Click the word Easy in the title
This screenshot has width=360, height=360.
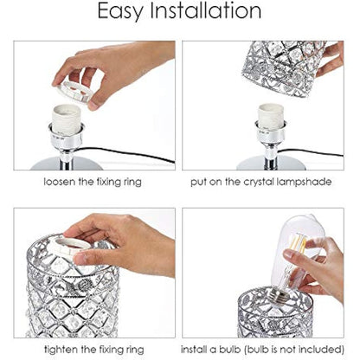pyautogui.click(x=127, y=12)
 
